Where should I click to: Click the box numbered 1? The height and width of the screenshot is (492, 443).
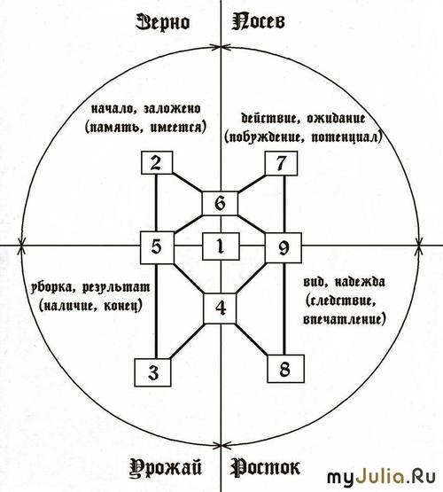tap(221, 246)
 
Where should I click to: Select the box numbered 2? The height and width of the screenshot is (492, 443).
tap(157, 162)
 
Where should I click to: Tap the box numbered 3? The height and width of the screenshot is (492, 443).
tap(153, 372)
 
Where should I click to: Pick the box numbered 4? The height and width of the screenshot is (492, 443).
tap(220, 308)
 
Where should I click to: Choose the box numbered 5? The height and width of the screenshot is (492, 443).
tap(157, 247)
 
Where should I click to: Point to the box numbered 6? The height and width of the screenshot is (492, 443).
tap(220, 203)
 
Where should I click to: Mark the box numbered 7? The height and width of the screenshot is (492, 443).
tap(281, 163)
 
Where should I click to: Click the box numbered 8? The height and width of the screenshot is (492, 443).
tap(285, 369)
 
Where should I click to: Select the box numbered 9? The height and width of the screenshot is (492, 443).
tap(284, 248)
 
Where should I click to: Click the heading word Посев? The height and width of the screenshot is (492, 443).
tap(259, 22)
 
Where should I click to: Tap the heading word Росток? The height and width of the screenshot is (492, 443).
tap(265, 467)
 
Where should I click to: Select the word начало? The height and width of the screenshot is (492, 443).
tap(113, 109)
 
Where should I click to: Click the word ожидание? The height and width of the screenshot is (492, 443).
tap(336, 118)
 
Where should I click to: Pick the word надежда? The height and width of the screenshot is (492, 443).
tap(360, 282)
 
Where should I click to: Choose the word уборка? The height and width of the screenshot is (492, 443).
tap(52, 288)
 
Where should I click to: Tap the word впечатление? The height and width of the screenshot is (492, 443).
tap(344, 319)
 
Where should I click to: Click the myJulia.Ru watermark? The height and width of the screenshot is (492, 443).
tap(382, 477)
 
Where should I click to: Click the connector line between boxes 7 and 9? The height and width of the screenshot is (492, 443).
tap(284, 204)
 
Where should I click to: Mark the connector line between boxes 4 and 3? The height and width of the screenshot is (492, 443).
tap(187, 341)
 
